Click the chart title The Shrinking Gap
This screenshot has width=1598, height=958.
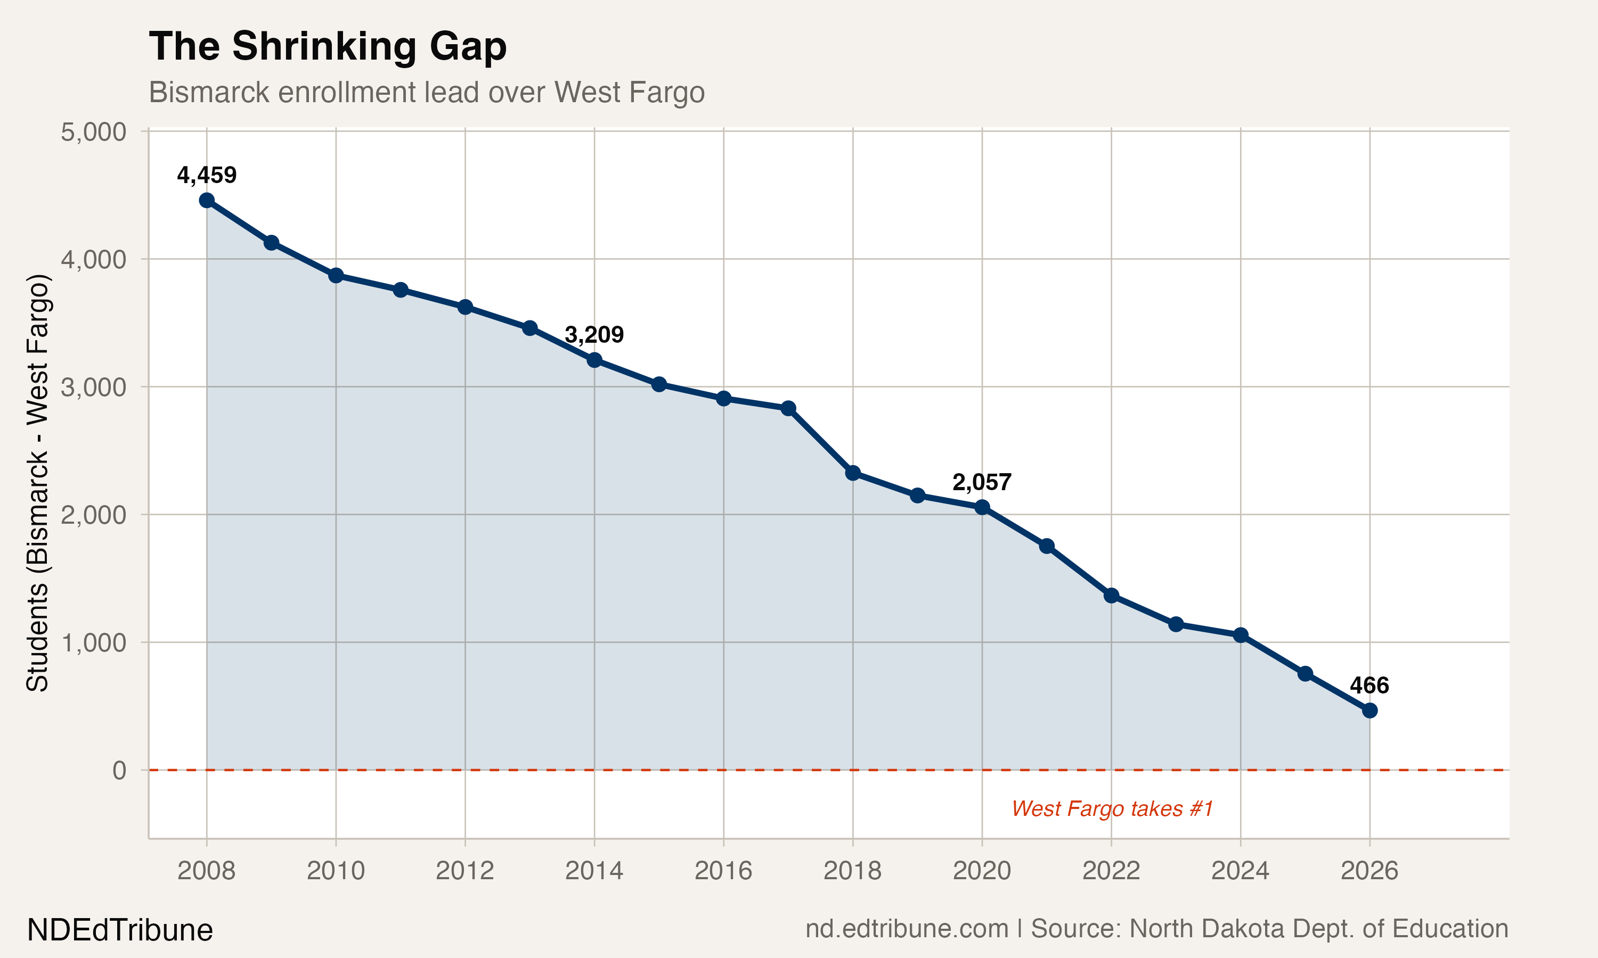point(328,47)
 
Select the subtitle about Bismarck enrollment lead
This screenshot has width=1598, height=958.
point(426,92)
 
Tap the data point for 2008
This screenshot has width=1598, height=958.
point(207,200)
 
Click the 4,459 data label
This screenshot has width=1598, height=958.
point(207,175)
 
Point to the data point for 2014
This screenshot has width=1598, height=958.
point(594,360)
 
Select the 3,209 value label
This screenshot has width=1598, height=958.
point(594,334)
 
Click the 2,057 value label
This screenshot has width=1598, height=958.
point(982,482)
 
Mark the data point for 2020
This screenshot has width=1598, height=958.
point(982,507)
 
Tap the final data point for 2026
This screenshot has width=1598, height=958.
point(1369,710)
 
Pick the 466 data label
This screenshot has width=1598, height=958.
point(1369,685)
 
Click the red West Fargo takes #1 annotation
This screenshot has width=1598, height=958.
point(1112,808)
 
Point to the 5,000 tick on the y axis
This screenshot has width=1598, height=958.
point(94,131)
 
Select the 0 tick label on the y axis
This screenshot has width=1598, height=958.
point(119,770)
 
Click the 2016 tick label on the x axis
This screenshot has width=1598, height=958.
point(723,871)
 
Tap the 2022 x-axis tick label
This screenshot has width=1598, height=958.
point(1111,871)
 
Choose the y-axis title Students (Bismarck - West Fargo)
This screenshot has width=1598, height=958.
point(37,482)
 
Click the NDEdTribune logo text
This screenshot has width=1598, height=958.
point(120,930)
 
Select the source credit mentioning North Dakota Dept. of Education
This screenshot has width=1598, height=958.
point(1156,929)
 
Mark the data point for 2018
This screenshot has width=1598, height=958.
point(853,473)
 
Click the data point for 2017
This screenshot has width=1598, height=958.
point(788,408)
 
